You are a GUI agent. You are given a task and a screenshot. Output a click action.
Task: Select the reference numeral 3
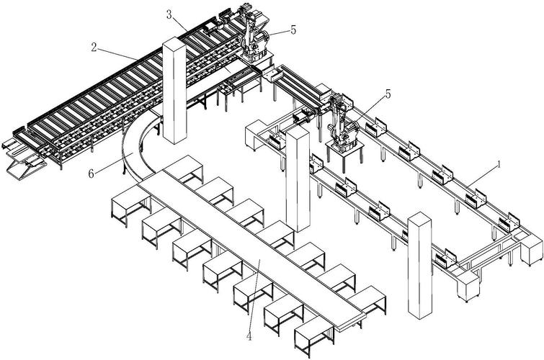click(x=169, y=14)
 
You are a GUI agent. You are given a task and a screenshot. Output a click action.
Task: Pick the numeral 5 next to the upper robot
click(x=293, y=30)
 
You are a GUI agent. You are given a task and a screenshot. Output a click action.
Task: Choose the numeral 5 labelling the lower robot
click(x=388, y=94)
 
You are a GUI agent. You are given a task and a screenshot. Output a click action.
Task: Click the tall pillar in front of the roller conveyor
click(x=174, y=94)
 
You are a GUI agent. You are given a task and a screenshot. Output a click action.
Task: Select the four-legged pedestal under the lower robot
click(x=342, y=150)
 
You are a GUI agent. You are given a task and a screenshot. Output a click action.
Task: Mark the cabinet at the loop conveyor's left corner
click(x=256, y=136)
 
